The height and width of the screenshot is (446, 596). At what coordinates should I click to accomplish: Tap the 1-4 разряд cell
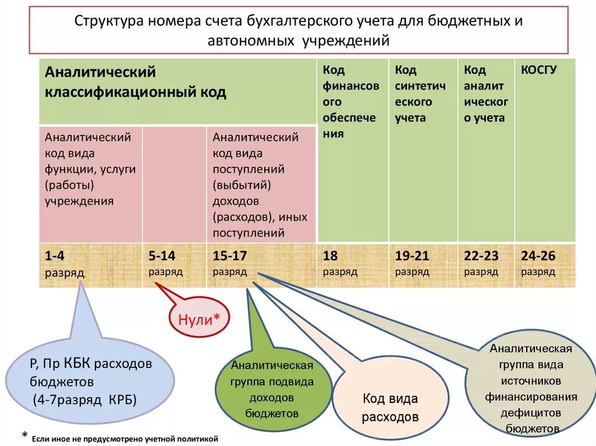tap(90, 265)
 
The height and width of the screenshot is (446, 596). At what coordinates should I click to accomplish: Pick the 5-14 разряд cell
tap(174, 265)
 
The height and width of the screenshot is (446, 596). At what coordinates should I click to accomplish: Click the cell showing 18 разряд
tap(353, 265)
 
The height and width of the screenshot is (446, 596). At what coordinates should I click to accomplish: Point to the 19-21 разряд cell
tap(423, 265)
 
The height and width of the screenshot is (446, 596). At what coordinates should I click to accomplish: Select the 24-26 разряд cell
tap(545, 265)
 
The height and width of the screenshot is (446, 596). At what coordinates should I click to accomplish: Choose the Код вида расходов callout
tap(390, 407)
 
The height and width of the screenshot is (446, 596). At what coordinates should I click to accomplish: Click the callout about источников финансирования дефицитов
tap(531, 388)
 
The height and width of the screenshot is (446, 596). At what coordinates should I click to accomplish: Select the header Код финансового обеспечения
tap(352, 102)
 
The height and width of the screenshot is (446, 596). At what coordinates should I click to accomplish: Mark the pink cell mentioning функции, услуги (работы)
tap(90, 169)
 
